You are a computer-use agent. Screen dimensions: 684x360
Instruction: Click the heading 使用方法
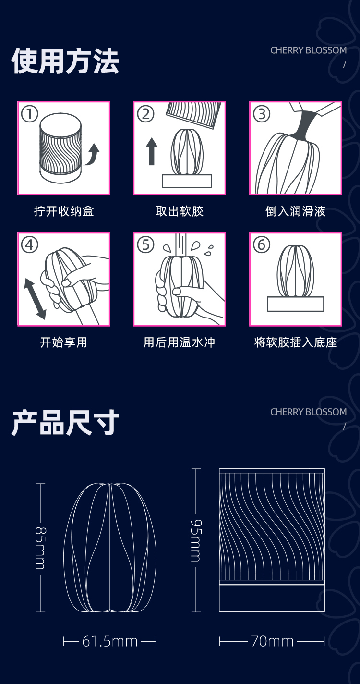(x=65, y=61)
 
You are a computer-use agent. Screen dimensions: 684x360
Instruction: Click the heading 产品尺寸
(x=65, y=423)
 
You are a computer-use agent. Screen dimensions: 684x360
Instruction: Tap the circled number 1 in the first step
(x=30, y=114)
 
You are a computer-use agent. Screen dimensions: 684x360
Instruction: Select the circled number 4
(x=30, y=245)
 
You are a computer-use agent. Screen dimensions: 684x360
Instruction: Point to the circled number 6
(x=262, y=245)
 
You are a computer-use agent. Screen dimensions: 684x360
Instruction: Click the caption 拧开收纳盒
(x=64, y=211)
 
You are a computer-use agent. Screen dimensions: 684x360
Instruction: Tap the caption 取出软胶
(x=180, y=211)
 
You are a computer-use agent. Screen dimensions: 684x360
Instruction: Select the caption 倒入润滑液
(x=296, y=211)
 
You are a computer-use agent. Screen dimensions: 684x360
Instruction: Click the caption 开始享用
(x=64, y=342)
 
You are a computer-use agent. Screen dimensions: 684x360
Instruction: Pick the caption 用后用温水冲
(x=180, y=342)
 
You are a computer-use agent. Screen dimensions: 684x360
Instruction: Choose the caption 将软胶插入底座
(x=296, y=342)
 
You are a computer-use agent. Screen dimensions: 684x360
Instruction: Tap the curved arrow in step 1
(x=93, y=155)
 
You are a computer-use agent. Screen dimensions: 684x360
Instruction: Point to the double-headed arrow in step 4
(x=35, y=298)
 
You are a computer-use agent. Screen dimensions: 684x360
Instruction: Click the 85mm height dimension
(x=40, y=548)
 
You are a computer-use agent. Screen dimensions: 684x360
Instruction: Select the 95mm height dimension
(x=196, y=540)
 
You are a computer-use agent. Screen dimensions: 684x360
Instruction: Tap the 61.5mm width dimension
(x=110, y=641)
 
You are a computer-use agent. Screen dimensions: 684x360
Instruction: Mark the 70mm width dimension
(x=272, y=641)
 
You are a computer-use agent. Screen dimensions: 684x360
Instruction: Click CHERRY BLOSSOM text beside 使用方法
(x=308, y=50)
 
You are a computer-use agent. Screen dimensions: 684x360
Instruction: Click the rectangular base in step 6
(x=295, y=304)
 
